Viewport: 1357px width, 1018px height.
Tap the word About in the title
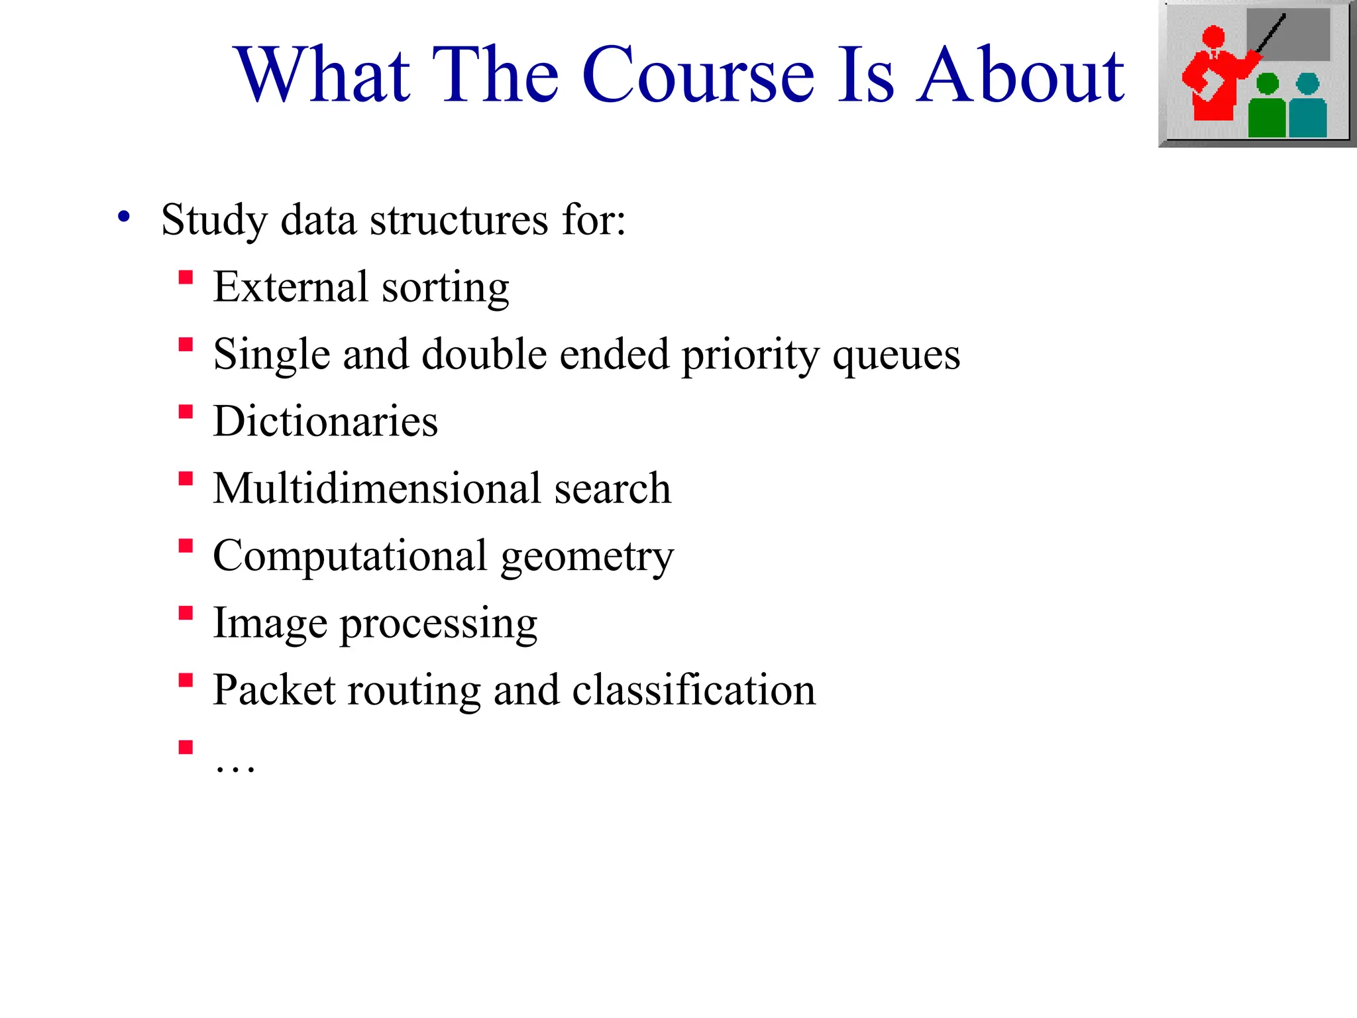pos(1020,76)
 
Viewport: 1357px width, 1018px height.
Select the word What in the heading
pos(324,76)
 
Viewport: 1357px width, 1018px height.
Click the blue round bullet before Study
pos(124,217)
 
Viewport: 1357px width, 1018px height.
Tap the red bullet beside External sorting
pos(186,277)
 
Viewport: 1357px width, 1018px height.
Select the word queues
pos(896,356)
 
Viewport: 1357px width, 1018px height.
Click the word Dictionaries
pos(325,422)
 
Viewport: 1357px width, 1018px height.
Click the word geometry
pos(587,557)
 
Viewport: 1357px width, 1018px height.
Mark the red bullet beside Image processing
pos(186,613)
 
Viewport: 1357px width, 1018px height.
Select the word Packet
pos(274,690)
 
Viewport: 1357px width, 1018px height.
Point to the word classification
pos(694,690)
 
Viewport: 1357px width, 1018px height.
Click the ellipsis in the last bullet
pos(235,767)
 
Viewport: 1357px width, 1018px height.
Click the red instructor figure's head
pos(1213,36)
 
